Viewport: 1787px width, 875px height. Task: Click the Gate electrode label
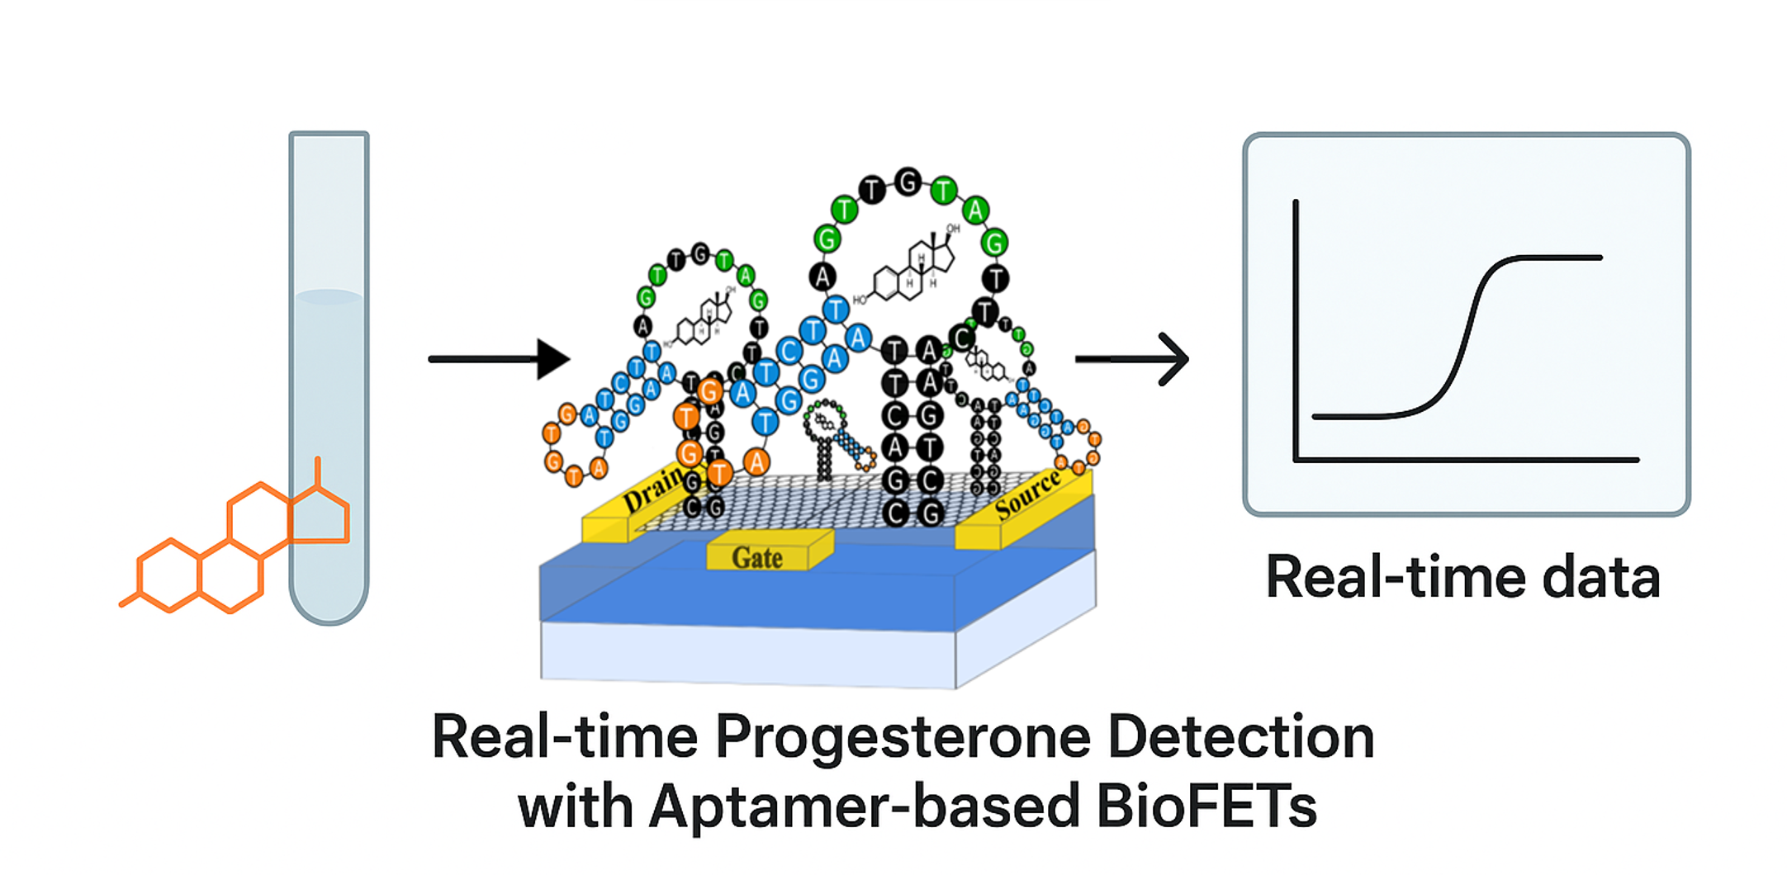tap(757, 558)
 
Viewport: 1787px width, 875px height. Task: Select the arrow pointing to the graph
tap(1132, 358)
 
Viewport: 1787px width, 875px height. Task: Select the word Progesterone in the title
tap(903, 737)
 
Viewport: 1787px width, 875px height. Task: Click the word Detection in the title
tap(1240, 737)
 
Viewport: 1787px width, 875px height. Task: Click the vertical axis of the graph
tap(1296, 330)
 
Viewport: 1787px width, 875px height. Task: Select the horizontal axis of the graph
tap(1467, 460)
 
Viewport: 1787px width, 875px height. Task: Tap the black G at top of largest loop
tap(908, 182)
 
